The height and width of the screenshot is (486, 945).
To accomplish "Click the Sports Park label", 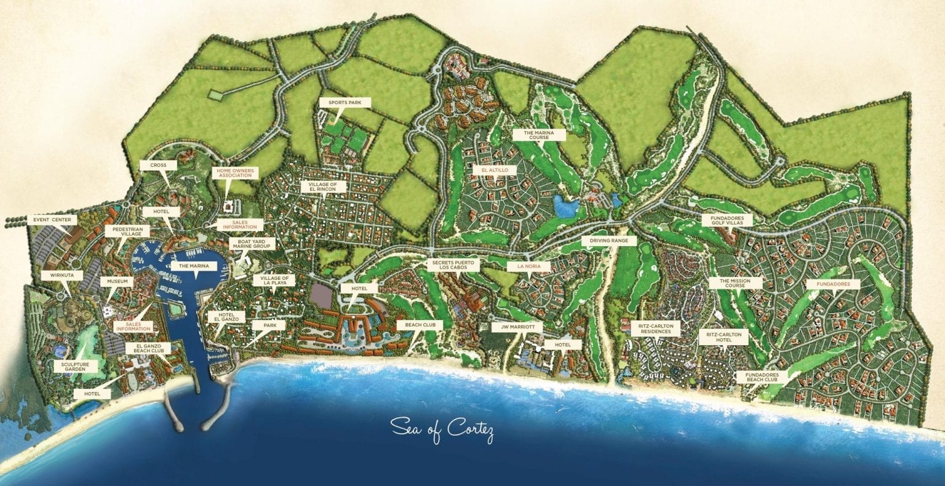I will [x=345, y=103].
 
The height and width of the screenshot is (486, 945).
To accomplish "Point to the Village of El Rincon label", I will [x=324, y=186].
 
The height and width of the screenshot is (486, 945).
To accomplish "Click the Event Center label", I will [x=52, y=219].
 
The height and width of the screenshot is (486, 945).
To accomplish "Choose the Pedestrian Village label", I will [x=124, y=231].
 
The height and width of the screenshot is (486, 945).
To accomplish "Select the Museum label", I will [x=116, y=281].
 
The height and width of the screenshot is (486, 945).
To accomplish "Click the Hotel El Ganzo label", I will [x=221, y=317].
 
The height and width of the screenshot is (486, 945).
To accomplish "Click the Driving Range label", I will [x=608, y=241].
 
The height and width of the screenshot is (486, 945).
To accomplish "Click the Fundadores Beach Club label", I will [x=762, y=377].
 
